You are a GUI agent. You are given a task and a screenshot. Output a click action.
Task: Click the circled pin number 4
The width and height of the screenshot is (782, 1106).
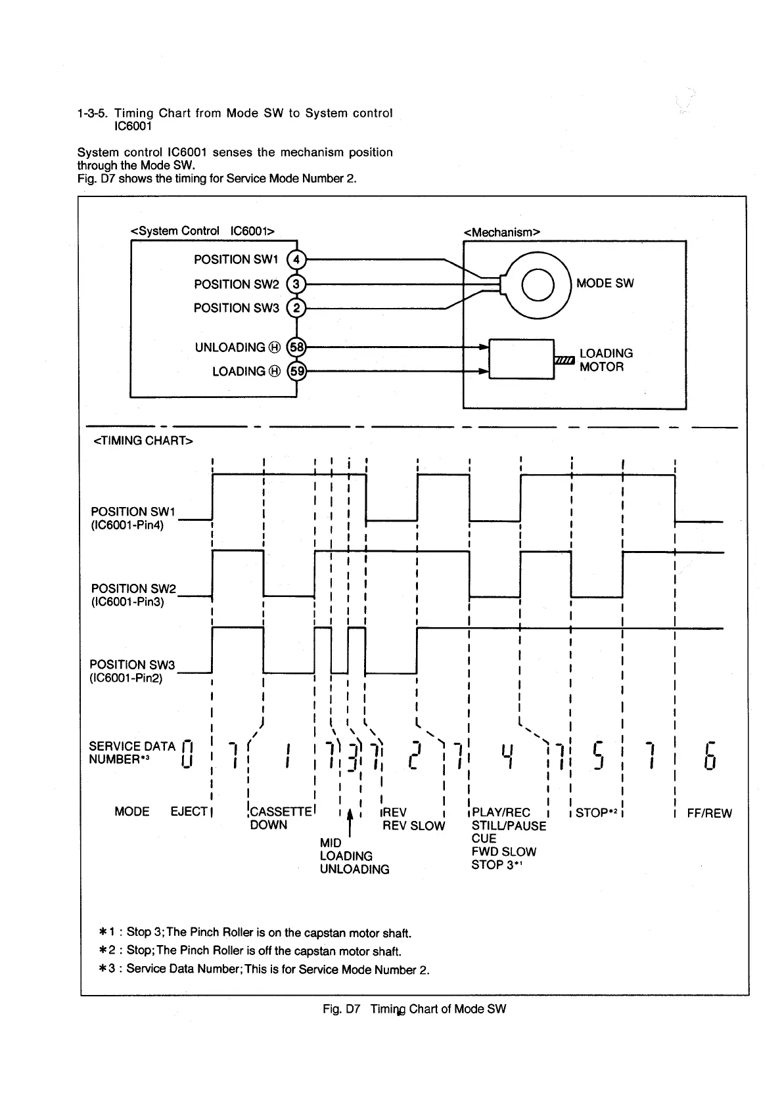pyautogui.click(x=297, y=260)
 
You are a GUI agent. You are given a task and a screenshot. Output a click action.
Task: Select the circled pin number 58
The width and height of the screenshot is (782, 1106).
pyautogui.click(x=298, y=347)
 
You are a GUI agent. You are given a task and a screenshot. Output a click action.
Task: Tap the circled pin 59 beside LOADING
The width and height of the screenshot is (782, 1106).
pyautogui.click(x=298, y=372)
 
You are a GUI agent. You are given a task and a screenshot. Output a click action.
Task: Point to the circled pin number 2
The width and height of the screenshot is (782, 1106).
pyautogui.click(x=297, y=308)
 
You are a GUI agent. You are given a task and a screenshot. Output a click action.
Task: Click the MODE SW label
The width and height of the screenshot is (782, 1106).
pyautogui.click(x=605, y=284)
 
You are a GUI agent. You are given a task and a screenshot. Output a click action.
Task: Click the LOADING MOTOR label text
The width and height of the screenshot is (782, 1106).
pyautogui.click(x=606, y=360)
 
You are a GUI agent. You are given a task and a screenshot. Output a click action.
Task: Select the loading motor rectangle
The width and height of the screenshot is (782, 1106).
pyautogui.click(x=522, y=359)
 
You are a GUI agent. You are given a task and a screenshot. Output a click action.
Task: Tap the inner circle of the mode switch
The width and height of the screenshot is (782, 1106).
pyautogui.click(x=538, y=284)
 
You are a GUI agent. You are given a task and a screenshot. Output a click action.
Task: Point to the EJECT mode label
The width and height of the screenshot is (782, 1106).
pyautogui.click(x=189, y=812)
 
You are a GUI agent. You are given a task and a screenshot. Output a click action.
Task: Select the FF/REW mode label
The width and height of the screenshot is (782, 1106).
pyautogui.click(x=709, y=814)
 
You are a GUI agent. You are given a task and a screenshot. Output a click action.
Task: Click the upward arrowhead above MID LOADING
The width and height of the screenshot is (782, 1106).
pyautogui.click(x=350, y=815)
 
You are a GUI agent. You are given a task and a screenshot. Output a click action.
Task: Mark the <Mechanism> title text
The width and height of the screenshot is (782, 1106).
pyautogui.click(x=502, y=232)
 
